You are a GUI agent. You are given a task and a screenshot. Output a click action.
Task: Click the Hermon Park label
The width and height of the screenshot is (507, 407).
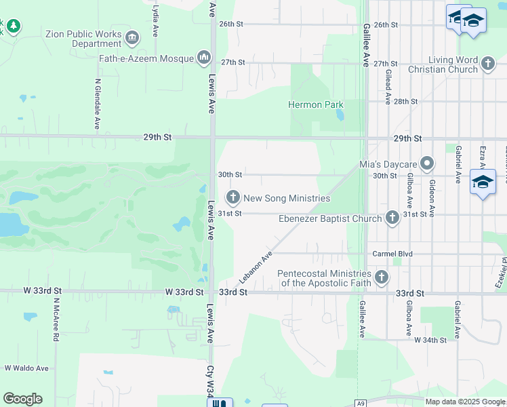point(315,105)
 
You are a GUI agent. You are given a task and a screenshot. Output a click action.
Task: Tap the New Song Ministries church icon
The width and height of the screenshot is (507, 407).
point(233,198)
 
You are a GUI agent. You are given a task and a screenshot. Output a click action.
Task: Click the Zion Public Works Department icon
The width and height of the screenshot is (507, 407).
point(132,37)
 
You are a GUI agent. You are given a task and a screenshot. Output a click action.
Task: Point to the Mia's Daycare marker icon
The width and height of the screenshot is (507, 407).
point(427,164)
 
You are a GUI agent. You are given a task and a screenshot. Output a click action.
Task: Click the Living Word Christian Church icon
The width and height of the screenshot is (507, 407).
point(488,64)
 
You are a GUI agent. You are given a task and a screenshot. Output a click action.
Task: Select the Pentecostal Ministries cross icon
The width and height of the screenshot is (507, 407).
point(382,277)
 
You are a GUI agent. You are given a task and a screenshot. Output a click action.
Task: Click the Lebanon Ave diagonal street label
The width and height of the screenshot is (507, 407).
point(255,268)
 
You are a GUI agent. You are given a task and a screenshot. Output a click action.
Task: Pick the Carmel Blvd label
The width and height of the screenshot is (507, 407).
point(392,254)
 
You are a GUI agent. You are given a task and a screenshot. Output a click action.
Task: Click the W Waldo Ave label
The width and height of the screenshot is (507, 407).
point(26,368)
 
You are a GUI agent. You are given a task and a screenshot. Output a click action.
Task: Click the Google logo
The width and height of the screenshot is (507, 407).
point(22,399)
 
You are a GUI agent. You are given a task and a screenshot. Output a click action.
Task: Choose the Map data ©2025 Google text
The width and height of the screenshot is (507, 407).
point(464,402)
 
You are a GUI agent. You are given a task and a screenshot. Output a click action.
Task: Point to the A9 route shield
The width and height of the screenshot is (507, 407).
point(361,403)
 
